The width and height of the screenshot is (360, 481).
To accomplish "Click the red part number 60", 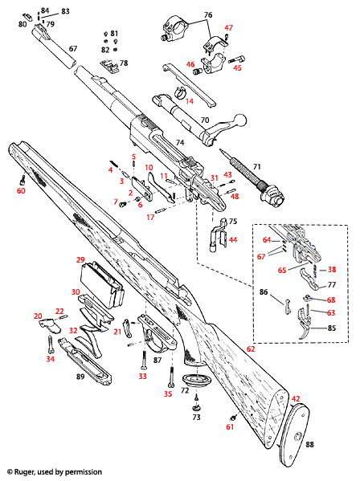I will click(x=22, y=190).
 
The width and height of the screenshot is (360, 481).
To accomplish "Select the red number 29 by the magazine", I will click(x=80, y=259).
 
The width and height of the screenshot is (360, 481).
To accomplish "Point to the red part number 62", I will click(x=250, y=350).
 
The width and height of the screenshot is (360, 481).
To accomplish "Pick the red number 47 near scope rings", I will click(x=228, y=28).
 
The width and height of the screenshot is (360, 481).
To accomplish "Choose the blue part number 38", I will click(x=331, y=270).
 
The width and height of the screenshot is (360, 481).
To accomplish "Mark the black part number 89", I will click(x=80, y=376).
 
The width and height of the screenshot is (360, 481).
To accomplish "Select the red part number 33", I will click(x=142, y=376).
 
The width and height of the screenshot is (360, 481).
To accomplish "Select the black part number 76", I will click(x=207, y=15).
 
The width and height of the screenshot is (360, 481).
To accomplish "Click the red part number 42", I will click(x=295, y=398).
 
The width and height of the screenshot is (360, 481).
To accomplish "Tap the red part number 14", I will click(x=190, y=101).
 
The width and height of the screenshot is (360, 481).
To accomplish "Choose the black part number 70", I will click(x=204, y=120).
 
